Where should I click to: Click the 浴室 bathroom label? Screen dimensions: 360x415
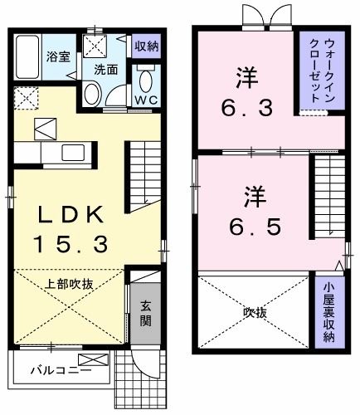pyautogui.click(x=58, y=57)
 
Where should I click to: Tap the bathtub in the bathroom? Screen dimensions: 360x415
pyautogui.click(x=27, y=57)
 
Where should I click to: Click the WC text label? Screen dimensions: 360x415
pyautogui.click(x=147, y=100)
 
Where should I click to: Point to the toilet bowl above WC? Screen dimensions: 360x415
pyautogui.click(x=146, y=81)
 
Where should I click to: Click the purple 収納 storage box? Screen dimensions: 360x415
pyautogui.click(x=146, y=46)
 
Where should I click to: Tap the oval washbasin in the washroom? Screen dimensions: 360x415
pyautogui.click(x=92, y=95)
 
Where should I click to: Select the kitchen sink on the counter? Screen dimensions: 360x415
pyautogui.click(x=73, y=153)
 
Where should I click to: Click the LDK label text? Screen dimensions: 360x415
pyautogui.click(x=71, y=215)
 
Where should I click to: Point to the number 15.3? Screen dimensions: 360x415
pyautogui.click(x=71, y=244)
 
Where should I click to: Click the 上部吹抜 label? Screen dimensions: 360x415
pyautogui.click(x=69, y=285)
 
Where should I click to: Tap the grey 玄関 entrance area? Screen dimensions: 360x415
pyautogui.click(x=145, y=313)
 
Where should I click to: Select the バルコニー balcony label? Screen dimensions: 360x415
pyautogui.click(x=61, y=370)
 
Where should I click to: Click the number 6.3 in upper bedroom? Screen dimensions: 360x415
pyautogui.click(x=247, y=109)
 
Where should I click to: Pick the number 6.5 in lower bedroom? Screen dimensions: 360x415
pyautogui.click(x=255, y=227)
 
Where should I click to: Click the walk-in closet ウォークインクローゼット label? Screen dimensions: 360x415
pyautogui.click(x=322, y=71)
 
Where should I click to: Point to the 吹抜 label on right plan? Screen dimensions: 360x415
pyautogui.click(x=255, y=313)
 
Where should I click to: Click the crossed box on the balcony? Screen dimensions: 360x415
pyautogui.click(x=93, y=359)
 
